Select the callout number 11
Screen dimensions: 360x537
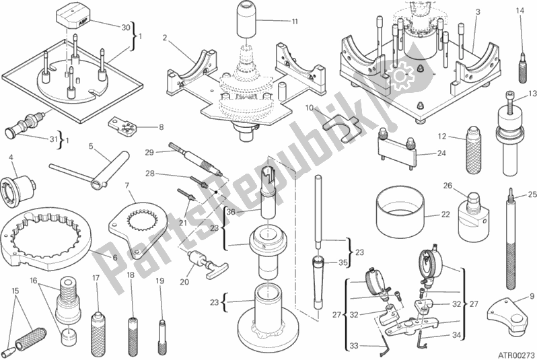point(295,22)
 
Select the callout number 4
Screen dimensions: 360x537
point(11,158)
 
